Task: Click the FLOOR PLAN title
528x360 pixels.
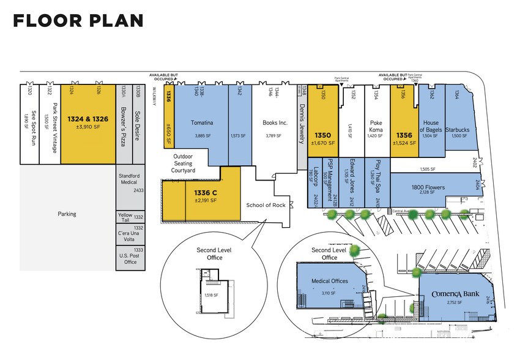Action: point(78,21)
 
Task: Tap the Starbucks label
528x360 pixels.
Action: point(461,130)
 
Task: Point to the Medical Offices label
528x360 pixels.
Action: point(330,282)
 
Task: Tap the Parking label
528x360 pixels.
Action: point(68,214)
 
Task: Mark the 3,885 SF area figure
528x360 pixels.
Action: point(201,135)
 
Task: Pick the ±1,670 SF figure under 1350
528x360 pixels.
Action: point(323,143)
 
